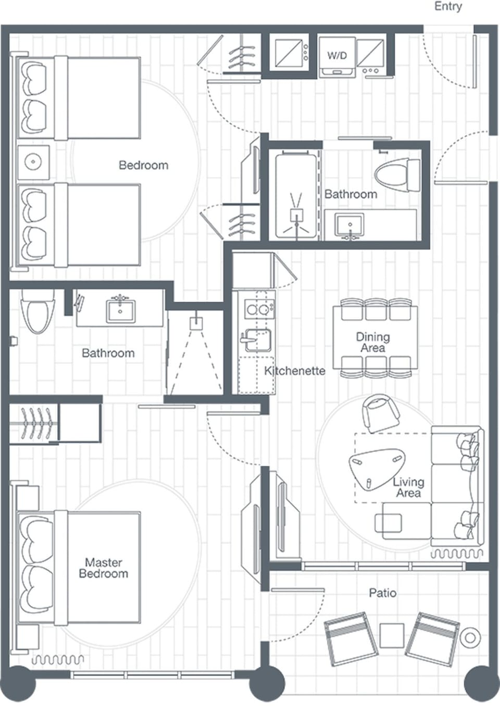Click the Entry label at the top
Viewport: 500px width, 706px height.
448,7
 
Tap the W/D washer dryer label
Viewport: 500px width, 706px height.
337,55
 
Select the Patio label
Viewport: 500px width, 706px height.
382,592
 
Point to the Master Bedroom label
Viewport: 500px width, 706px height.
103,568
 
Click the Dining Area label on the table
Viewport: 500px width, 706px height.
373,342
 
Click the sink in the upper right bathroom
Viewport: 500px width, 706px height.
349,225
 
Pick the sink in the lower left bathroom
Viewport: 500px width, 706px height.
121,311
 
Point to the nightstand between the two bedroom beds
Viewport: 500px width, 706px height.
33,162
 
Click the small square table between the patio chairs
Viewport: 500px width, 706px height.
392,635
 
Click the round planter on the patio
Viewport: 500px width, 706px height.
470,638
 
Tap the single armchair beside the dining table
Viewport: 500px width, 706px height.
380,412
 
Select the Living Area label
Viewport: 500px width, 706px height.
408,487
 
